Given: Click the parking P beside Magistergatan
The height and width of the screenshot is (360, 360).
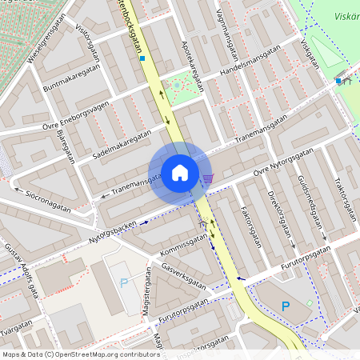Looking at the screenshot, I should click(123, 282).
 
